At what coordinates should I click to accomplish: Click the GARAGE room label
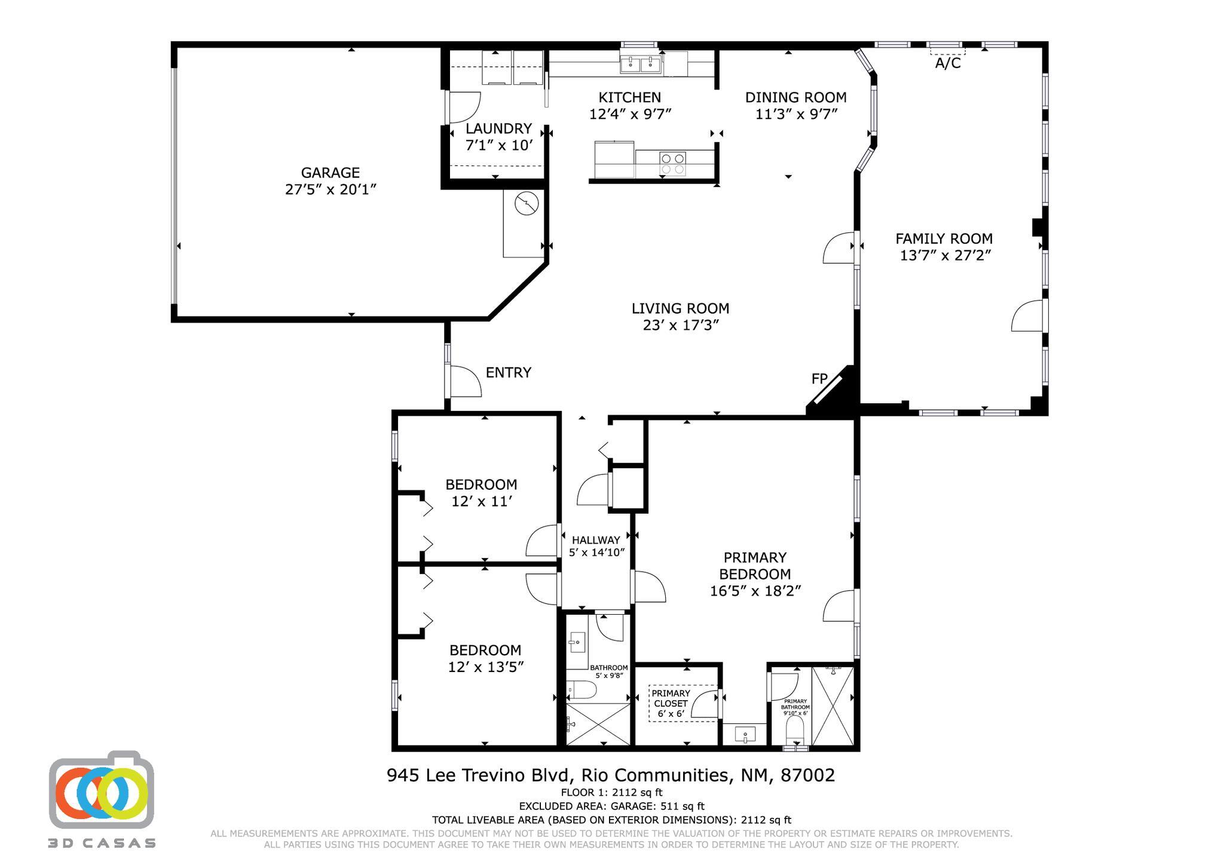click(330, 173)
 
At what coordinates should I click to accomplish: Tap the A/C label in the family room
click(948, 63)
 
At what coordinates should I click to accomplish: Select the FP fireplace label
click(819, 379)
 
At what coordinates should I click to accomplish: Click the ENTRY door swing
click(465, 381)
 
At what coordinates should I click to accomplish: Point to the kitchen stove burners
click(672, 164)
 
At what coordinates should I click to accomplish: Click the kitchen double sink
click(640, 65)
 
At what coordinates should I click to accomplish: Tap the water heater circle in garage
click(526, 204)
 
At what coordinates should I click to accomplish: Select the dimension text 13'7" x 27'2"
click(945, 256)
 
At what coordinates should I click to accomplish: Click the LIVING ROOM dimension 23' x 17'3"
click(680, 326)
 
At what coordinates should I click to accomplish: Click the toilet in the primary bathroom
click(795, 729)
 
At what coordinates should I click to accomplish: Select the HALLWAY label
click(596, 540)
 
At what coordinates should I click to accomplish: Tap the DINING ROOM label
click(795, 97)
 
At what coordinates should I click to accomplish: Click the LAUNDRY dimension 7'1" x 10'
click(498, 145)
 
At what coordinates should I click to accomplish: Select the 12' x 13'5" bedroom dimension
click(485, 667)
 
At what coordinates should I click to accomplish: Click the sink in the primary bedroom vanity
click(744, 734)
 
